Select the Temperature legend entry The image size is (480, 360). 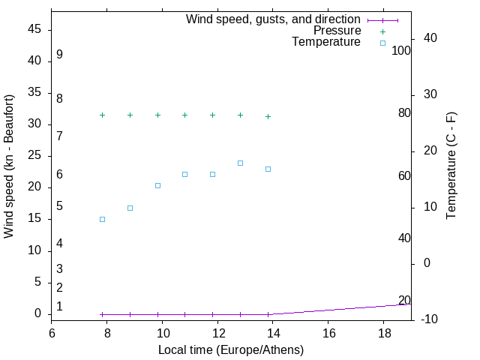(326, 43)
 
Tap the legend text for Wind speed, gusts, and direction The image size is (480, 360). (273, 19)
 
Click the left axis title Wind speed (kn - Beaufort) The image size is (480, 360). (10, 166)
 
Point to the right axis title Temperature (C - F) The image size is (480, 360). (451, 166)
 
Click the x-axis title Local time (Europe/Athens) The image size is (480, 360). (231, 350)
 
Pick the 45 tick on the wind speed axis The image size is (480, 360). (34, 29)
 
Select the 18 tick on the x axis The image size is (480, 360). (383, 331)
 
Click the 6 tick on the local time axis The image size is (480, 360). (52, 331)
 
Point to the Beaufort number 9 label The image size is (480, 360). (59, 55)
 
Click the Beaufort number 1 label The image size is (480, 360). (59, 307)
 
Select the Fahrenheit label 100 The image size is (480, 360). (402, 50)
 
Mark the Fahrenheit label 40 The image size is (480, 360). (404, 238)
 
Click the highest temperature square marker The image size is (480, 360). (240, 163)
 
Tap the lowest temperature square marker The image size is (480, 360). (102, 219)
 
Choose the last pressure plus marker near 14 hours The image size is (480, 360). (268, 116)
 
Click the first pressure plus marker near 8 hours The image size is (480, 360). (102, 115)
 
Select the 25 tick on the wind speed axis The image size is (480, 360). (34, 156)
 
